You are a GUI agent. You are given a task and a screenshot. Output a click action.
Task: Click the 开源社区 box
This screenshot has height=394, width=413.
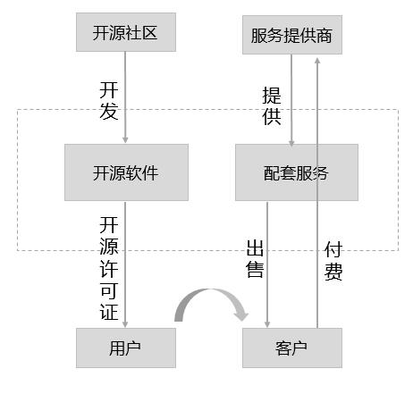click(x=126, y=32)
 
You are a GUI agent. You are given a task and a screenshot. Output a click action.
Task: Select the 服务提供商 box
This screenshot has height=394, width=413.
click(x=292, y=35)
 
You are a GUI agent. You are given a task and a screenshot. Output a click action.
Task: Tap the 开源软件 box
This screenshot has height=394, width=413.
click(x=126, y=172)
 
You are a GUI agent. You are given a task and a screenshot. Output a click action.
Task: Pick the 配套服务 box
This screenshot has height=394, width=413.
click(x=297, y=172)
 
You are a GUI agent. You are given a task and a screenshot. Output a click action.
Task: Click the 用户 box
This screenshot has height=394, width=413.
click(x=126, y=348)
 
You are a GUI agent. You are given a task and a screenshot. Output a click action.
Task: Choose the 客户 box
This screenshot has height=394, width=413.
click(x=292, y=348)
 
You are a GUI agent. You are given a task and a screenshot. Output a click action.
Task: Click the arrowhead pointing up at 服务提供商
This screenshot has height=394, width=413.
click(x=317, y=61)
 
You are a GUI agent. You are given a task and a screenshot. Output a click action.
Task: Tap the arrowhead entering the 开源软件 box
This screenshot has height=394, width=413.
click(x=125, y=140)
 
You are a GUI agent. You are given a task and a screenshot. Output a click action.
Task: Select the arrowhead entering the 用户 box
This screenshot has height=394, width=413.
click(x=125, y=324)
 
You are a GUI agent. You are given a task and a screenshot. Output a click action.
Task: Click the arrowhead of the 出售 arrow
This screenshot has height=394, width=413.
click(x=267, y=324)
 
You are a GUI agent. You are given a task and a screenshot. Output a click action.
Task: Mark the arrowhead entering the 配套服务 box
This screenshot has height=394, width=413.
click(x=291, y=143)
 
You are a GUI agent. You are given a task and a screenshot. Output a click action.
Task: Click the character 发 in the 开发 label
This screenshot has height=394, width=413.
click(x=109, y=112)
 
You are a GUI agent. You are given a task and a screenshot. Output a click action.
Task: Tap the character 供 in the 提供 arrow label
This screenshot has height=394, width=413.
click(x=272, y=116)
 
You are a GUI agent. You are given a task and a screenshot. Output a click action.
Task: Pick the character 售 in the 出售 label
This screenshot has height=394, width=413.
click(x=255, y=269)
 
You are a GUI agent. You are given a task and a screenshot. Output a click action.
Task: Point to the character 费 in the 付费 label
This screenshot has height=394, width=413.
click(x=333, y=272)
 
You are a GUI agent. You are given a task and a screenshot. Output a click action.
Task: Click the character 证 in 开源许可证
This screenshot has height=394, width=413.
click(x=109, y=312)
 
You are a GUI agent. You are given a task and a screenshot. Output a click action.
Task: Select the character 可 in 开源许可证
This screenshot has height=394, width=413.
click(x=109, y=289)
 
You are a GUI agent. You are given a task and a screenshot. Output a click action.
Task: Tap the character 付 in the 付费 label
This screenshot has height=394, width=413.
click(x=333, y=249)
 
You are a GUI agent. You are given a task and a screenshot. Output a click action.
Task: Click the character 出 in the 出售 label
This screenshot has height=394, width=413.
click(x=255, y=247)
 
